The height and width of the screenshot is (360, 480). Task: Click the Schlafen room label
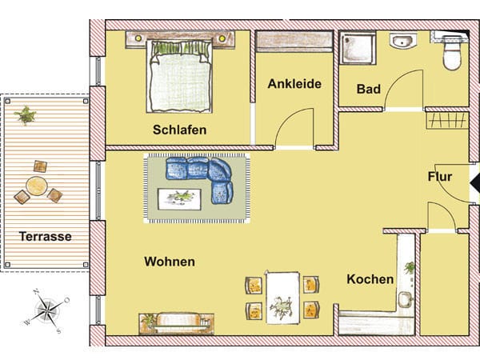(179, 130)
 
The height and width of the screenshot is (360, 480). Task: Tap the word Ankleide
(294, 84)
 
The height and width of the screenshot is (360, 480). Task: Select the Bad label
(369, 89)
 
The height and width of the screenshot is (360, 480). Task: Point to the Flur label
(439, 177)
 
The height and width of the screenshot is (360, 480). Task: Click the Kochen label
(370, 279)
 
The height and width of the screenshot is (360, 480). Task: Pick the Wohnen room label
(170, 262)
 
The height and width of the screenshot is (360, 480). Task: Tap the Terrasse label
(46, 236)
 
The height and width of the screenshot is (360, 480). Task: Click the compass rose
(47, 310)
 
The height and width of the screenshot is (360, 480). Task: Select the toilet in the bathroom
(452, 52)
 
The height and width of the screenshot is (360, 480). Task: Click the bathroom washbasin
(403, 41)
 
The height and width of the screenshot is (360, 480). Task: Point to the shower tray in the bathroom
(358, 48)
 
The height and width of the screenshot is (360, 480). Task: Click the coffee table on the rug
(179, 199)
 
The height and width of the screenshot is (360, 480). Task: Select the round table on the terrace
(37, 186)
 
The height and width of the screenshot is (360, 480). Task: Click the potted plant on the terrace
(25, 115)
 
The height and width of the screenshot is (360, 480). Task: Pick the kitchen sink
(406, 300)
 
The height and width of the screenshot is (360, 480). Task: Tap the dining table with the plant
(282, 298)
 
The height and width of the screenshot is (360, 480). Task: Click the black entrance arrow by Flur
(474, 183)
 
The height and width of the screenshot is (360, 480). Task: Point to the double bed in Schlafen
(180, 76)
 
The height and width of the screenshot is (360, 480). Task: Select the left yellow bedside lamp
(138, 38)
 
